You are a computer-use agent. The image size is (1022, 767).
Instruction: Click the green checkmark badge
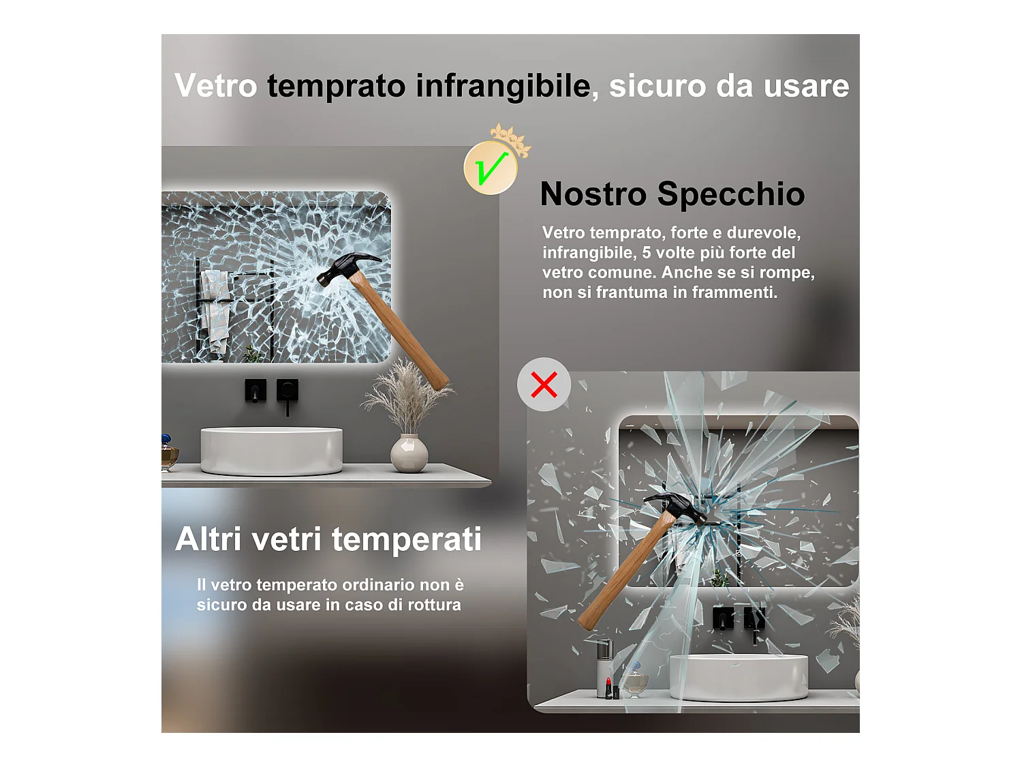click(x=491, y=168)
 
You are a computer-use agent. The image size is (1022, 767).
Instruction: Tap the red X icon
click(x=544, y=385)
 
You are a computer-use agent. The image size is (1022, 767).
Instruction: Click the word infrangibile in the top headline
click(x=503, y=87)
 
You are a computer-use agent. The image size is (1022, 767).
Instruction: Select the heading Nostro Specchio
click(x=672, y=194)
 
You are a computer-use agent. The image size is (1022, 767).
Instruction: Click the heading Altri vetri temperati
click(x=328, y=539)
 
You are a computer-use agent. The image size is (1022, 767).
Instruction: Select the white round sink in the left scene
click(x=271, y=450)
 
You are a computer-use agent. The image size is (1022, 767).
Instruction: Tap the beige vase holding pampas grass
click(x=409, y=453)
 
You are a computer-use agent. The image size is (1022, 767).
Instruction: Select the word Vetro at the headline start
click(x=216, y=87)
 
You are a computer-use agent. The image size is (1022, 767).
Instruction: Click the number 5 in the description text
click(x=647, y=253)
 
